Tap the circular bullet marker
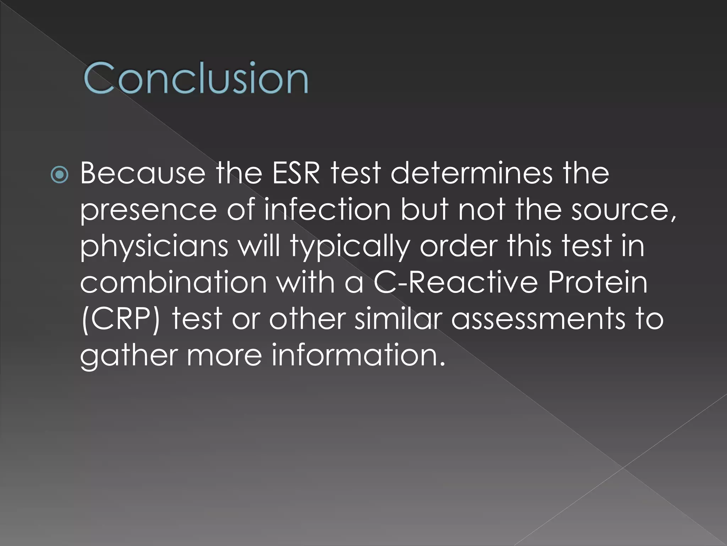[59, 175]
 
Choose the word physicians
[154, 246]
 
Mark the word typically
[350, 246]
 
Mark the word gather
[129, 355]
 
